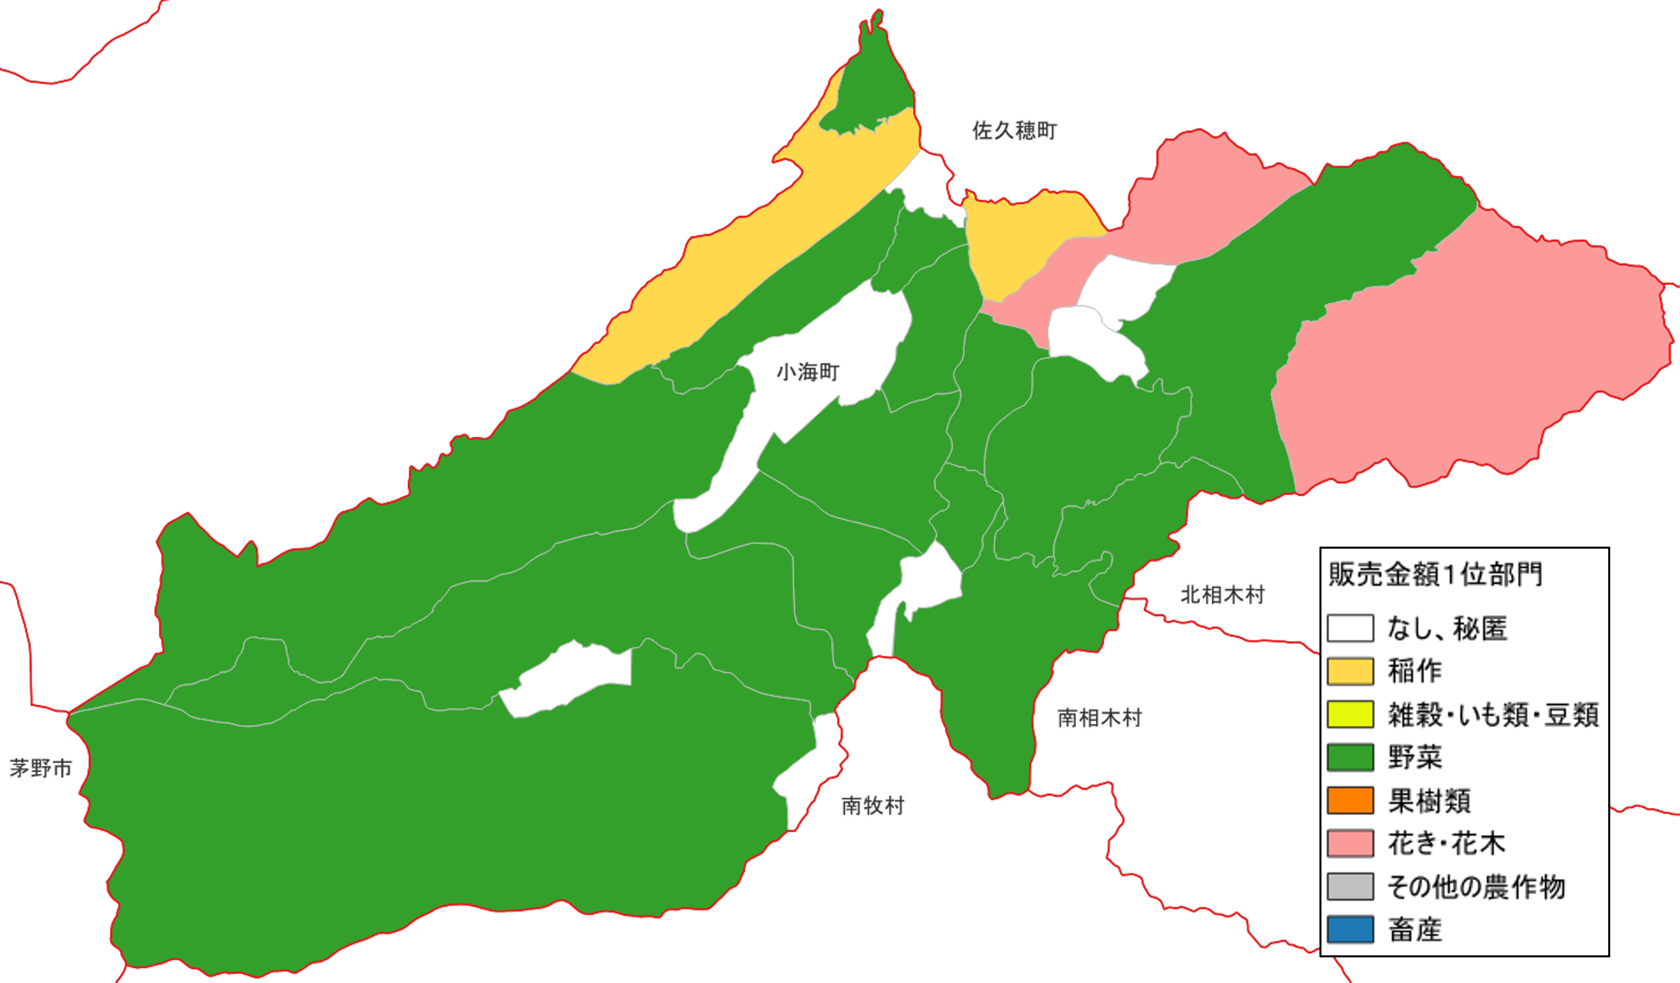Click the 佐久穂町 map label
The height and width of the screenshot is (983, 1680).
[x=1014, y=130]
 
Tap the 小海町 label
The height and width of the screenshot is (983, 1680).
[x=808, y=372]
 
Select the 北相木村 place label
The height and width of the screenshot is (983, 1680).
[x=1222, y=595]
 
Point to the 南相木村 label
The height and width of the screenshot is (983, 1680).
[x=1100, y=718]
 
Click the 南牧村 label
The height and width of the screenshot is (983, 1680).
[x=873, y=806]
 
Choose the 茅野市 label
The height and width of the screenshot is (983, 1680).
[x=41, y=769]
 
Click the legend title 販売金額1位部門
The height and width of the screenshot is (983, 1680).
[x=1435, y=575]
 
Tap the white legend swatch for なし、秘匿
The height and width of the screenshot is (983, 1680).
[x=1350, y=628]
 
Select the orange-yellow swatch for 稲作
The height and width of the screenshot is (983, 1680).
[x=1350, y=671]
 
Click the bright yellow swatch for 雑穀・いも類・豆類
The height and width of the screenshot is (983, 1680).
[x=1350, y=714]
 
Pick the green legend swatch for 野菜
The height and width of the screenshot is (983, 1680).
[x=1350, y=757]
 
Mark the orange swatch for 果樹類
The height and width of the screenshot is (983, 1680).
[x=1350, y=801]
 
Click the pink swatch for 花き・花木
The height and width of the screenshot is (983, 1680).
[x=1350, y=843]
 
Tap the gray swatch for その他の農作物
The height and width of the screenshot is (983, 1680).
[x=1350, y=887]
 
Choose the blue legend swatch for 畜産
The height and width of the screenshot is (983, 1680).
[x=1350, y=929]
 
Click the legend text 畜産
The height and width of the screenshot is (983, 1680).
[x=1415, y=929]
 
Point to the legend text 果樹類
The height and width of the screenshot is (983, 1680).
[x=1429, y=801]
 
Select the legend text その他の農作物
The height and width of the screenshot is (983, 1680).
[x=1476, y=887]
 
